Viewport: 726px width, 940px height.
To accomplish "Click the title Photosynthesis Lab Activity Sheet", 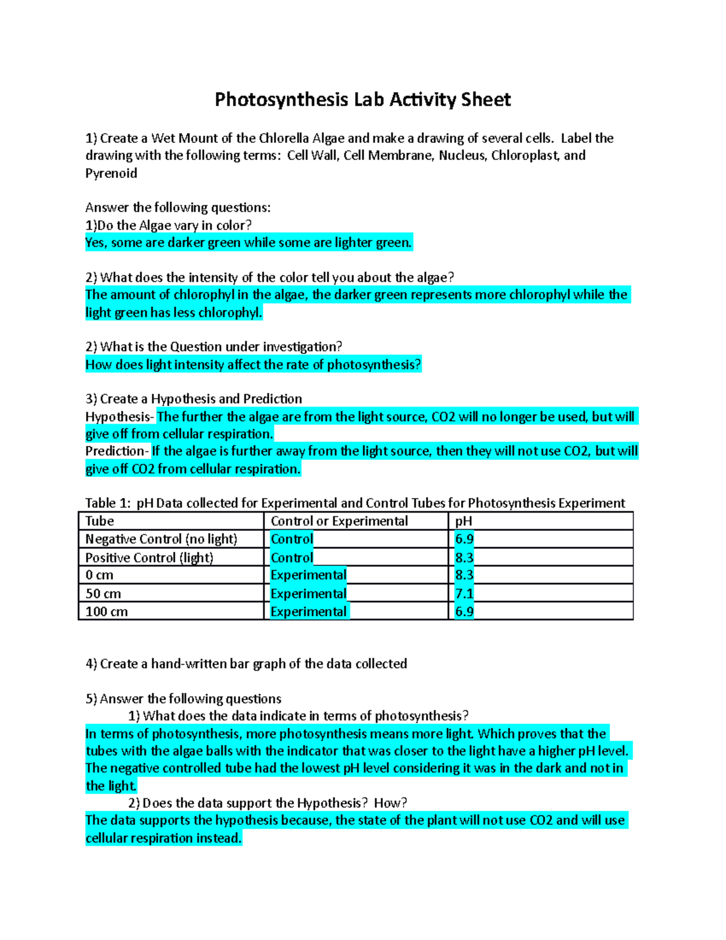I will pos(362,99).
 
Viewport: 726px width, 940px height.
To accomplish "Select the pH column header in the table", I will pos(463,521).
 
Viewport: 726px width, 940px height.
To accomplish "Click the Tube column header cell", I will pos(100,521).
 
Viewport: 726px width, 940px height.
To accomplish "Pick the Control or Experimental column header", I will pos(339,521).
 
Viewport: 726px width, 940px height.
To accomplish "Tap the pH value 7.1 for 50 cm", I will pos(464,593).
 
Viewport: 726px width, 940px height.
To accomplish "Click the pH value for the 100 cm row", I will pos(464,611).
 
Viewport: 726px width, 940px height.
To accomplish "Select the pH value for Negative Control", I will pos(464,539).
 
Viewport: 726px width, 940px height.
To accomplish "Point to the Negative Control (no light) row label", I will pos(161,539).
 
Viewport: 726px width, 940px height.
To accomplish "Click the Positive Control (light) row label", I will pos(149,557).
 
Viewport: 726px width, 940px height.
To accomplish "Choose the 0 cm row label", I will pos(99,575).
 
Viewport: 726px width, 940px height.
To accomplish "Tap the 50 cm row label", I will pos(103,593).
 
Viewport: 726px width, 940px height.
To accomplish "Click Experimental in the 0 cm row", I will pos(309,575).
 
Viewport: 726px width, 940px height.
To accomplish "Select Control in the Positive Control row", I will pos(292,557).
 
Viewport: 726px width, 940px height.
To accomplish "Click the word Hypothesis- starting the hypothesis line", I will pos(120,416).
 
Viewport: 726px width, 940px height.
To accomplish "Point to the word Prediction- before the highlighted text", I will pos(117,451).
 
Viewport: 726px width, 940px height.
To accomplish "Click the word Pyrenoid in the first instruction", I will pos(111,173).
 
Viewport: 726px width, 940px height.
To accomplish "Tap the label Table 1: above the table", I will pos(108,503).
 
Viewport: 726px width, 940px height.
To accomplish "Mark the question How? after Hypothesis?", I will pos(390,803).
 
